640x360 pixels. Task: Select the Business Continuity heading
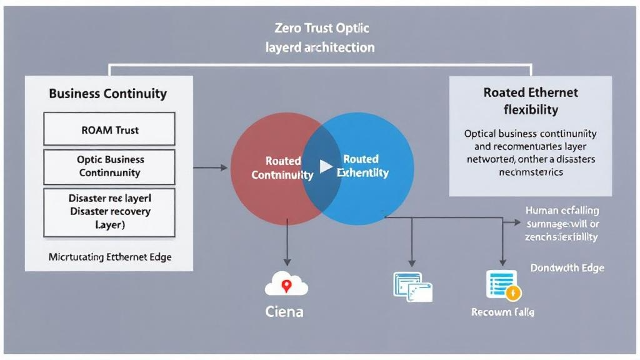pyautogui.click(x=108, y=94)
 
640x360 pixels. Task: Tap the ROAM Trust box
pyautogui.click(x=110, y=130)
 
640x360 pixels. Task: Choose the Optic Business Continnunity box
pyautogui.click(x=110, y=166)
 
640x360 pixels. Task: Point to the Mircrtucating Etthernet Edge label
pyautogui.click(x=110, y=256)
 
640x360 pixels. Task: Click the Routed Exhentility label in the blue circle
pyautogui.click(x=364, y=166)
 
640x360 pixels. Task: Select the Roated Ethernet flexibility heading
pyautogui.click(x=531, y=101)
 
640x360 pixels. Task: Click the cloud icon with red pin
pyautogui.click(x=286, y=284)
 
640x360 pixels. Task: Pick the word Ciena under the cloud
pyautogui.click(x=284, y=311)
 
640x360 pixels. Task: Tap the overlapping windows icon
pyautogui.click(x=412, y=286)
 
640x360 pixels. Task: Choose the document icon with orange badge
pyautogui.click(x=502, y=284)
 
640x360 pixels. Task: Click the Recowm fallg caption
pyautogui.click(x=502, y=311)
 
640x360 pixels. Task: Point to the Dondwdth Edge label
pyautogui.click(x=567, y=267)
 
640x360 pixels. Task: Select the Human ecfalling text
pyautogui.click(x=562, y=211)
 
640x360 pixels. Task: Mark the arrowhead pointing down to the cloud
pyautogui.click(x=286, y=261)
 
